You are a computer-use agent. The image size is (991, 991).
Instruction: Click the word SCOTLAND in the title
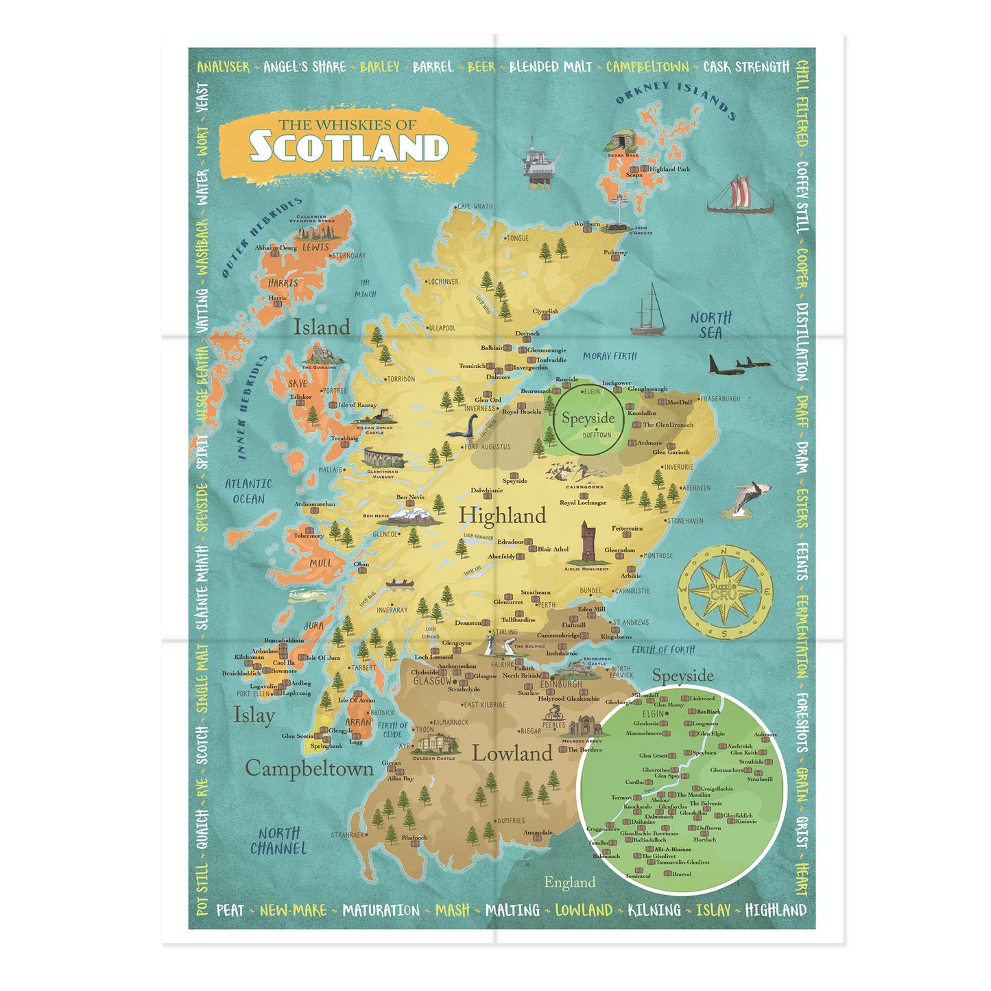348,147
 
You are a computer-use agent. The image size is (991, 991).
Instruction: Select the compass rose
725,593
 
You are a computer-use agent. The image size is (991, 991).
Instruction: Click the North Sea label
711,325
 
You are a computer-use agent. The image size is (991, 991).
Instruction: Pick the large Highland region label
502,515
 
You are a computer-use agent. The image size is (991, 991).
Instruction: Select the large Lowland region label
512,753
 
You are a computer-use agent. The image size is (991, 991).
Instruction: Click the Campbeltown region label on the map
309,768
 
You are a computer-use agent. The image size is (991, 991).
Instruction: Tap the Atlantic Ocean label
248,491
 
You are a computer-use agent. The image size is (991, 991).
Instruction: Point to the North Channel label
278,841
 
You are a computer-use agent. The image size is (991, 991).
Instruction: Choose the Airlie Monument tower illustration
587,542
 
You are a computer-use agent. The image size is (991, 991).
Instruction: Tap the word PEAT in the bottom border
230,910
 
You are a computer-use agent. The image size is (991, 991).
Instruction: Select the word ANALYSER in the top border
224,67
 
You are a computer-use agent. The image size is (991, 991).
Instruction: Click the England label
569,882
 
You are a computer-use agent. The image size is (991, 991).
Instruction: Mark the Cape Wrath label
475,206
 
